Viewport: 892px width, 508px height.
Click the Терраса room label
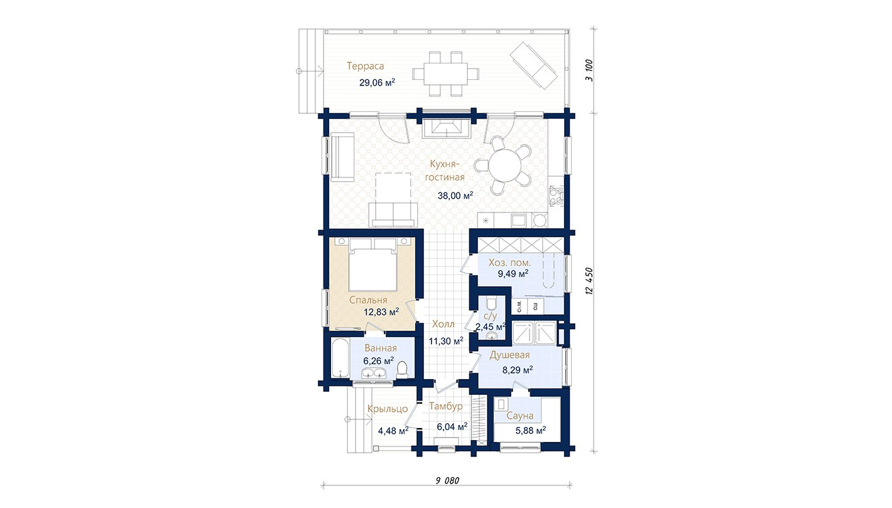click(365, 66)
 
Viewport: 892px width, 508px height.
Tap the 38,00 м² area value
click(455, 196)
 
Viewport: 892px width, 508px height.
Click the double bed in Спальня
click(373, 265)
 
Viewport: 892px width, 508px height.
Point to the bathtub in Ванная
click(339, 358)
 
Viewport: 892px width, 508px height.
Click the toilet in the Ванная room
click(403, 369)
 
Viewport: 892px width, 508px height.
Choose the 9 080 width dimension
click(447, 480)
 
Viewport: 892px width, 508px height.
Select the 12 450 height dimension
click(589, 281)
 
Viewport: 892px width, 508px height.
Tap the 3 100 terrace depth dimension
click(589, 70)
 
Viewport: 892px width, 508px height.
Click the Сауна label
click(519, 416)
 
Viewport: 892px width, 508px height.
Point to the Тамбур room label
click(445, 406)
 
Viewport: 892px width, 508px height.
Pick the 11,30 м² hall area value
click(446, 341)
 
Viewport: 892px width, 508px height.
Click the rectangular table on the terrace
click(445, 74)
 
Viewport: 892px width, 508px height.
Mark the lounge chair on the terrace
click(533, 65)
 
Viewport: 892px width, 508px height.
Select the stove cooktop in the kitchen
click(557, 196)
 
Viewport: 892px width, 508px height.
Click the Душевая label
click(509, 355)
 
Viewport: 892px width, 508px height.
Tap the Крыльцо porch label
click(388, 409)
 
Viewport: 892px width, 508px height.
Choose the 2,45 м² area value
click(491, 327)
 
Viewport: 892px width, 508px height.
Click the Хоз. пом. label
click(509, 263)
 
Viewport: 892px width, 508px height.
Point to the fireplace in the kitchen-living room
click(445, 128)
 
